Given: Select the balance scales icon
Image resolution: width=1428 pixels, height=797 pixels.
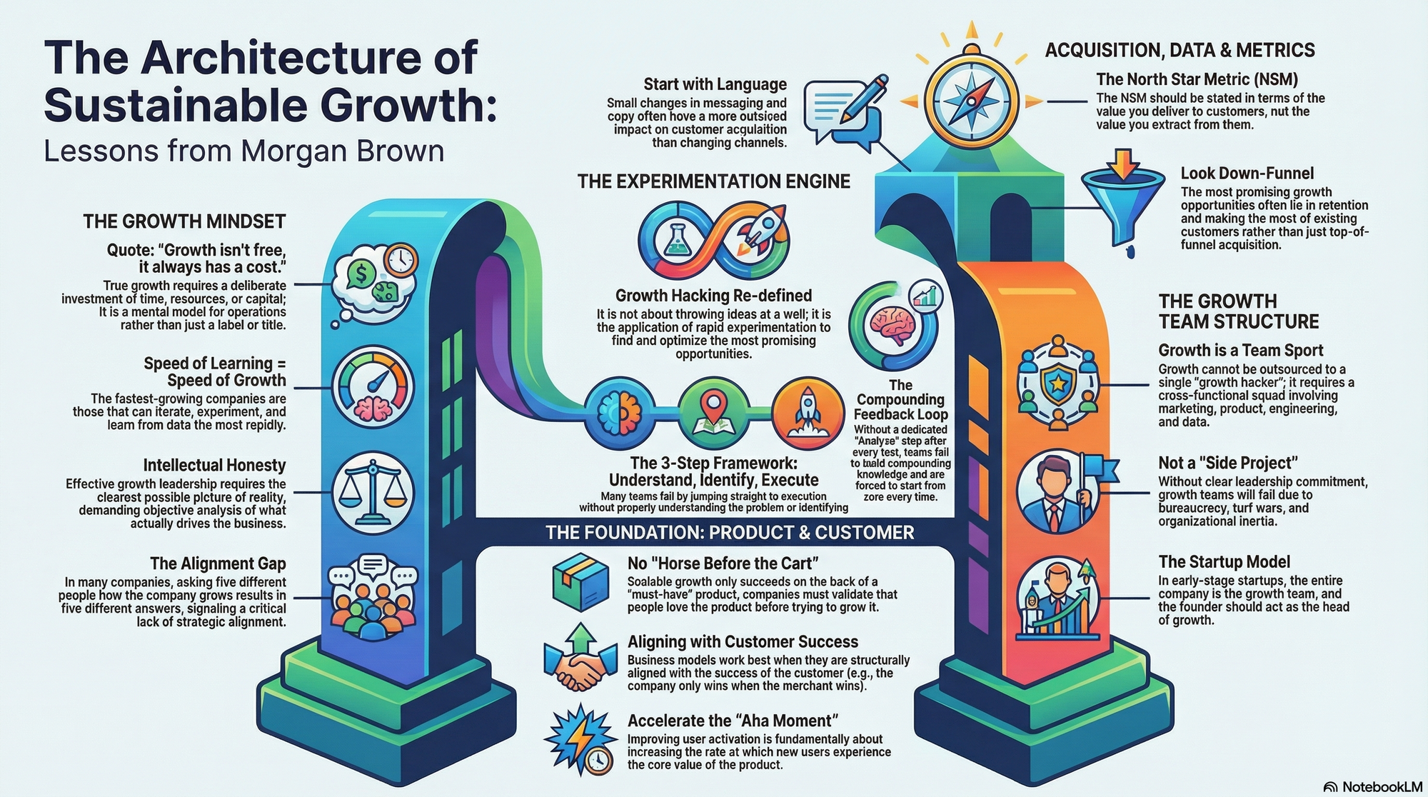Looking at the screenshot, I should point(373,492).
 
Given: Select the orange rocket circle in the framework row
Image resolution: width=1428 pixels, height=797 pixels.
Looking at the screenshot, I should point(803,412).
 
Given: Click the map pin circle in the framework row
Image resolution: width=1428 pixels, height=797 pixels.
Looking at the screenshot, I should point(713,412).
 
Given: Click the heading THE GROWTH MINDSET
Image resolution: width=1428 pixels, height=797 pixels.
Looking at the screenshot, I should point(184,221).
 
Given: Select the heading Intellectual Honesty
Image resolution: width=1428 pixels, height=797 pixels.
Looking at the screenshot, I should point(214,466).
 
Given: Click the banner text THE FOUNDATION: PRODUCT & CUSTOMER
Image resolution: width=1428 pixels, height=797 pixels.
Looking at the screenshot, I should point(730,533).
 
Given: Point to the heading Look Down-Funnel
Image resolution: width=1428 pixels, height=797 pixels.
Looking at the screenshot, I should point(1247,174).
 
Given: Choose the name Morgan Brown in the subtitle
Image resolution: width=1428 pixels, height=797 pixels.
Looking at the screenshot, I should point(342,151).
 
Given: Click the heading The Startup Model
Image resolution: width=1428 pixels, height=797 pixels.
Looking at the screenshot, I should point(1224,562).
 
